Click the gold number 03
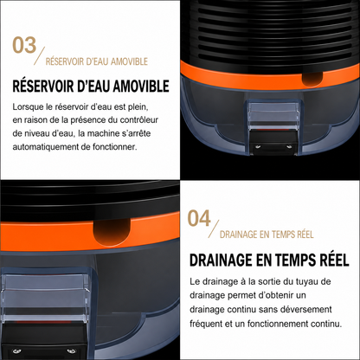(x=24, y=45)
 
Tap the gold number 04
(x=199, y=218)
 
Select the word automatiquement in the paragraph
(x=46, y=147)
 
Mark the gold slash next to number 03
(x=40, y=56)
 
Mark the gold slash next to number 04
(x=214, y=229)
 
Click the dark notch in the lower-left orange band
(x=112, y=231)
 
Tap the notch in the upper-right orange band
(x=312, y=80)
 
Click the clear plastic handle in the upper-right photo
(x=273, y=116)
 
